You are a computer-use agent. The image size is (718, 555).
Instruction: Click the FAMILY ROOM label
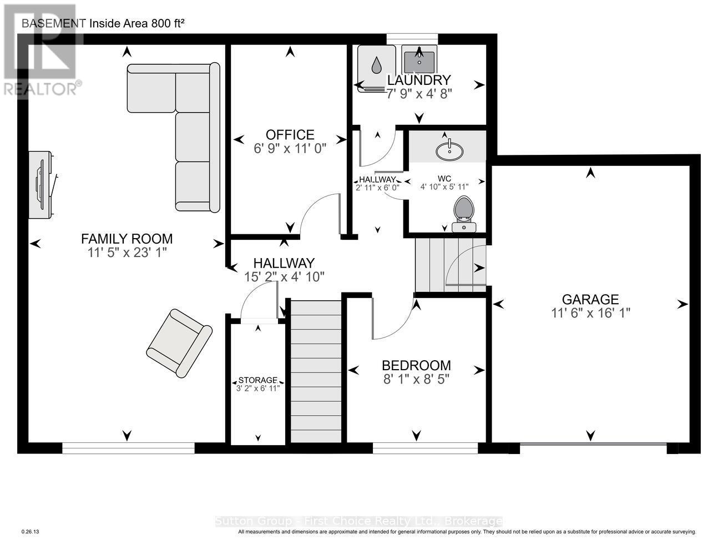tap(127, 239)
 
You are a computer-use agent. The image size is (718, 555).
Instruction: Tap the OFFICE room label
tap(290, 135)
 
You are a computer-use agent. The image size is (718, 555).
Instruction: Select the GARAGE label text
tap(590, 300)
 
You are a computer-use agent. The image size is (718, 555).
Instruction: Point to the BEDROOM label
tap(416, 365)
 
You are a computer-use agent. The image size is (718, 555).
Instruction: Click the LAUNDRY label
tap(419, 80)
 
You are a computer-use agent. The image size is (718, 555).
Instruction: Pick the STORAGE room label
tap(257, 380)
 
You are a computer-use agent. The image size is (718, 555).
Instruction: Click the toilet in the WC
tap(463, 213)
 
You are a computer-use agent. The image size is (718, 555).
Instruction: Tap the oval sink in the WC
tap(450, 149)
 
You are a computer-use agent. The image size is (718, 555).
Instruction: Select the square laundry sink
tap(419, 59)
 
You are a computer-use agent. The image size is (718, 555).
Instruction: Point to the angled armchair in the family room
tap(179, 343)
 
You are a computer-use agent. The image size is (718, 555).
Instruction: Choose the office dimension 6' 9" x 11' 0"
tap(290, 148)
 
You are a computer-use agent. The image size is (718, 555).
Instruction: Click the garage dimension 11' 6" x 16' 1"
tap(590, 313)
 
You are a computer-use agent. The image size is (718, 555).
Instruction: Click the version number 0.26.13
tap(30, 532)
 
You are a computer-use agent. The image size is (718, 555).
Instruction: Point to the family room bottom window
tap(128, 448)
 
